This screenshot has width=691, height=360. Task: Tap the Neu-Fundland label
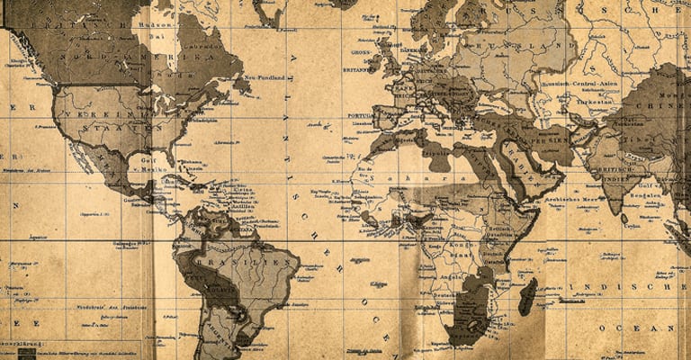[265, 78]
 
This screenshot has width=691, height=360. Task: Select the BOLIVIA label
[219, 290]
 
